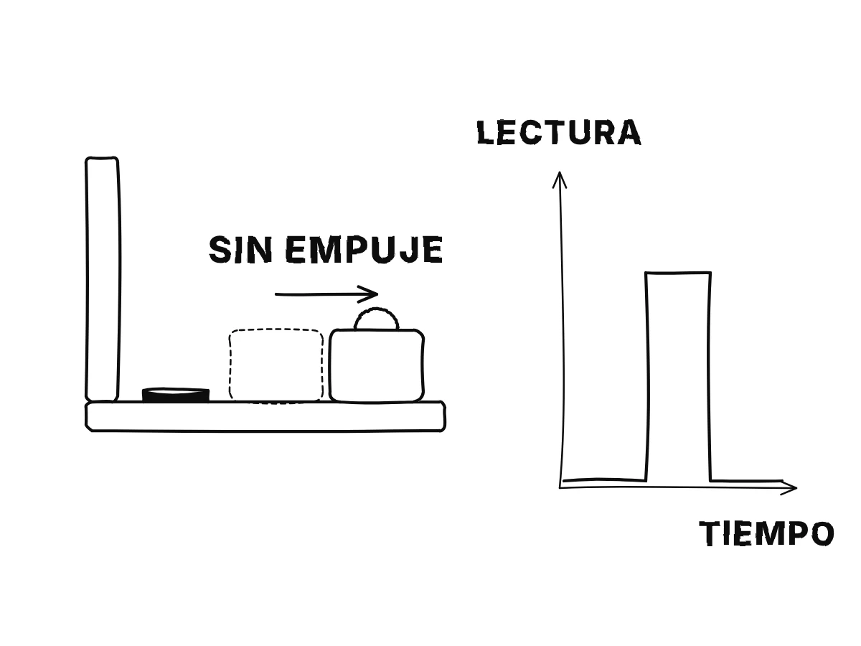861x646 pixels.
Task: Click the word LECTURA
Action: (x=558, y=132)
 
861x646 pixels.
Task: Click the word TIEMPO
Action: (x=766, y=533)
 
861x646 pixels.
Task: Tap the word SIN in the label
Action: (x=240, y=250)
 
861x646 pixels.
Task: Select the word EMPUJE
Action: (x=364, y=250)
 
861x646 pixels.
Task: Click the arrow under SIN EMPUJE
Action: (x=326, y=294)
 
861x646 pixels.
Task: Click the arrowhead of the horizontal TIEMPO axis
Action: (x=789, y=488)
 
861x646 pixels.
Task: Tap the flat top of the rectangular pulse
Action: (x=678, y=273)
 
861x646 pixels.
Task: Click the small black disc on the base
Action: (x=175, y=395)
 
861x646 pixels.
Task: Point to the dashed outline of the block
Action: (x=230, y=365)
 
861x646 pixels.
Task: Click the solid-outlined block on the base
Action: (x=376, y=365)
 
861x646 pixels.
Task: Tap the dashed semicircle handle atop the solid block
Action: (x=376, y=309)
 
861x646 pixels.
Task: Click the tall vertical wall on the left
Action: (x=102, y=279)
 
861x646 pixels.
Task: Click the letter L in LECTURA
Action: (x=485, y=132)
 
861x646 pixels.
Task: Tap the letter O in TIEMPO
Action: (x=822, y=534)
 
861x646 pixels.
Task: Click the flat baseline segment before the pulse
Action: (x=604, y=479)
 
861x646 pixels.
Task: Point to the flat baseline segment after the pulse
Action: (x=747, y=480)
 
